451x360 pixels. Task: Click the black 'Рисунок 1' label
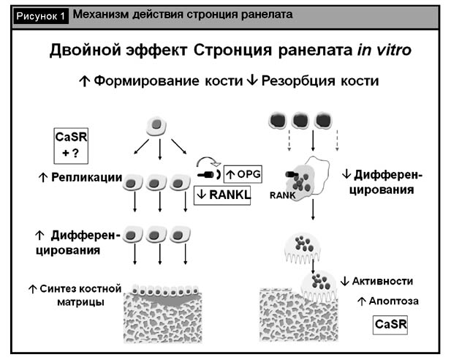pos(41,15)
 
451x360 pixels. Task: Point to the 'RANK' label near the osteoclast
pos(280,196)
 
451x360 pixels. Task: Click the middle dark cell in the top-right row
pos(300,120)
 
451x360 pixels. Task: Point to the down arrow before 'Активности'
pos(346,281)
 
